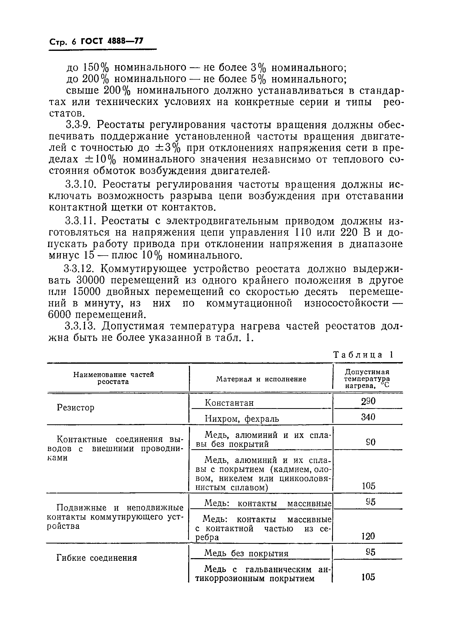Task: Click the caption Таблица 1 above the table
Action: coord(363,355)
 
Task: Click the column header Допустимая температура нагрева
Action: coord(367,379)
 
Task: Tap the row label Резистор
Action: coord(75,408)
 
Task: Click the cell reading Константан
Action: coord(229,402)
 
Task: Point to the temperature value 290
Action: coord(368,401)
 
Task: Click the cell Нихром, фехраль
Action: coord(242,418)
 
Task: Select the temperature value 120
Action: coord(368,536)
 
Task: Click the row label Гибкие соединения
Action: coord(97,558)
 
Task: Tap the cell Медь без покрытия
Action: coord(246,554)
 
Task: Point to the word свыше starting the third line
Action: coord(83,91)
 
